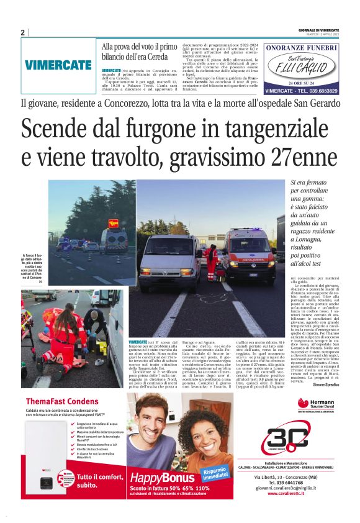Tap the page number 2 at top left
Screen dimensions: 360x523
point(22,32)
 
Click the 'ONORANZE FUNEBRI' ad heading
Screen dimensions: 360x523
point(301,48)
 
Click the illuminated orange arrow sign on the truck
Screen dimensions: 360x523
point(114,223)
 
